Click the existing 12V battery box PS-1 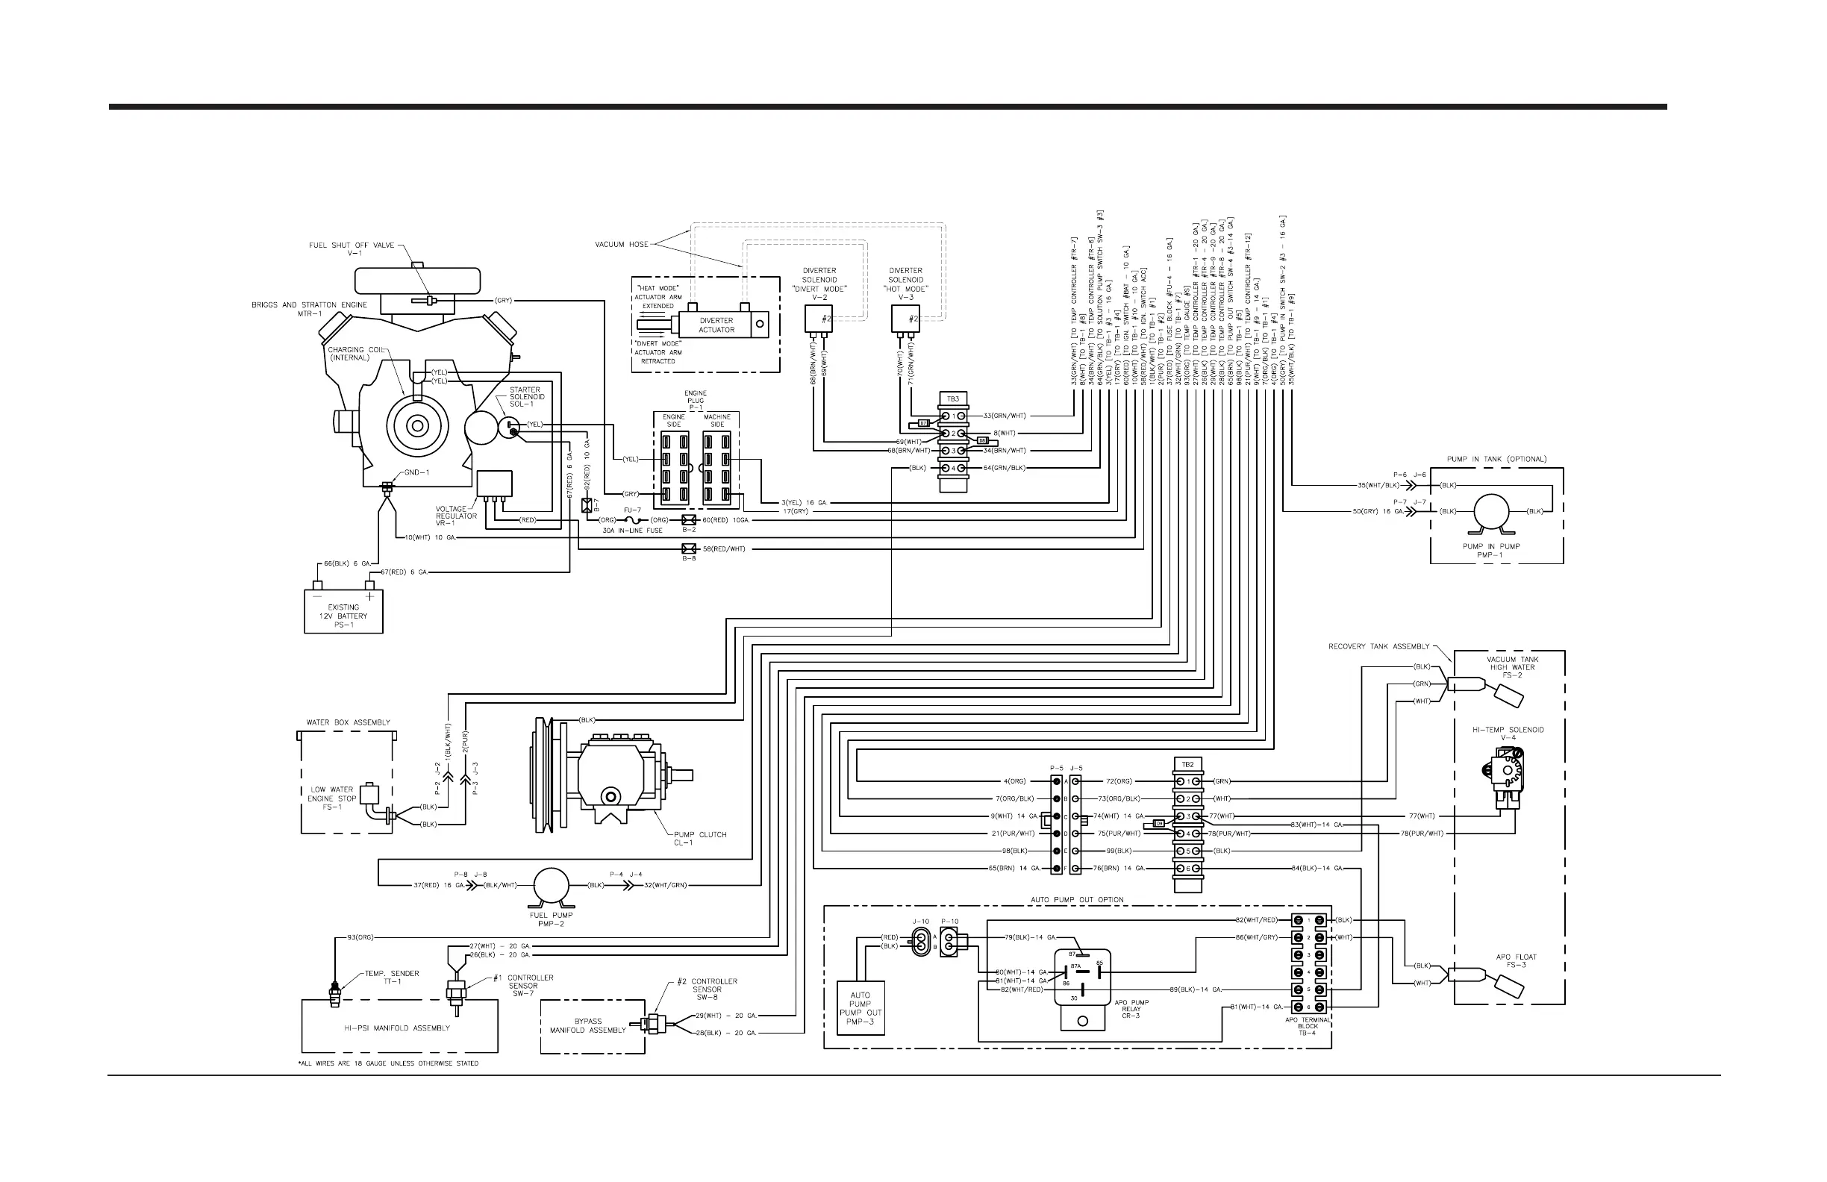(343, 611)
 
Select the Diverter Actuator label (716, 325)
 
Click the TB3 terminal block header (952, 399)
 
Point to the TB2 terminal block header (1187, 764)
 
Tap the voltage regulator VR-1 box (494, 484)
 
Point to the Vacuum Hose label (621, 245)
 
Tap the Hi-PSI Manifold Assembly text (398, 1028)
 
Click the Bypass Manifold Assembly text (588, 1025)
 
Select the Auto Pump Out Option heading (1077, 899)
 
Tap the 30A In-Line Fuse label (633, 531)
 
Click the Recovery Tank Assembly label (1378, 646)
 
